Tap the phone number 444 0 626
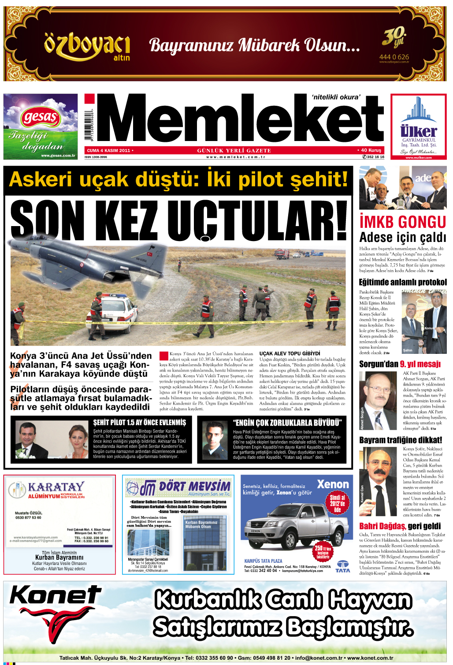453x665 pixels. pos(394,57)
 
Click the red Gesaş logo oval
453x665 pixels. pos(40,118)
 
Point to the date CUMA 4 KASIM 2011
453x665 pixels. pos(108,151)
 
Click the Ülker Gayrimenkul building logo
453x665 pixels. pos(418,119)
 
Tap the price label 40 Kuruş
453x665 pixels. pos(371,150)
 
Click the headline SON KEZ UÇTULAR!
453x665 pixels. pos(178,219)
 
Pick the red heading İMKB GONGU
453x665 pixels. pos(403,222)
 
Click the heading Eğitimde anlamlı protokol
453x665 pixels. pos(403,282)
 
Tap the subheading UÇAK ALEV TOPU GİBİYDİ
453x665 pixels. pos(290,353)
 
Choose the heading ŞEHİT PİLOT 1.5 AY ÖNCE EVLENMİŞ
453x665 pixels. pos(139,423)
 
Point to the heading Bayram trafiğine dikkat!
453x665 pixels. pos(400,440)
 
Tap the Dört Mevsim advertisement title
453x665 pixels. pos(194,487)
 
